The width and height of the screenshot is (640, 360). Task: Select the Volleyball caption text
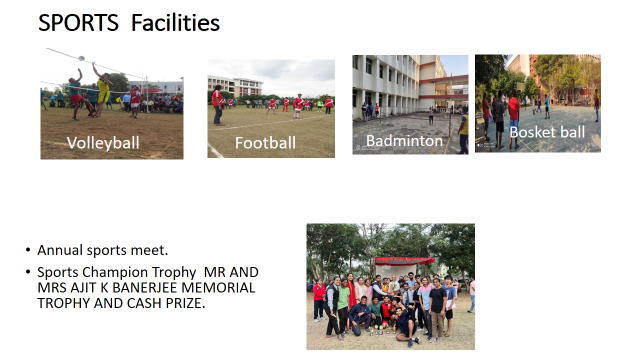click(103, 143)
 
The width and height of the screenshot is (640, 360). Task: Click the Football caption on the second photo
click(265, 143)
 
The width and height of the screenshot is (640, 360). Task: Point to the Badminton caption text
click(404, 141)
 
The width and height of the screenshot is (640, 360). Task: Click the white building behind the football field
click(236, 86)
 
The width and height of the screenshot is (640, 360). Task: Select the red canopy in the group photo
click(405, 260)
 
